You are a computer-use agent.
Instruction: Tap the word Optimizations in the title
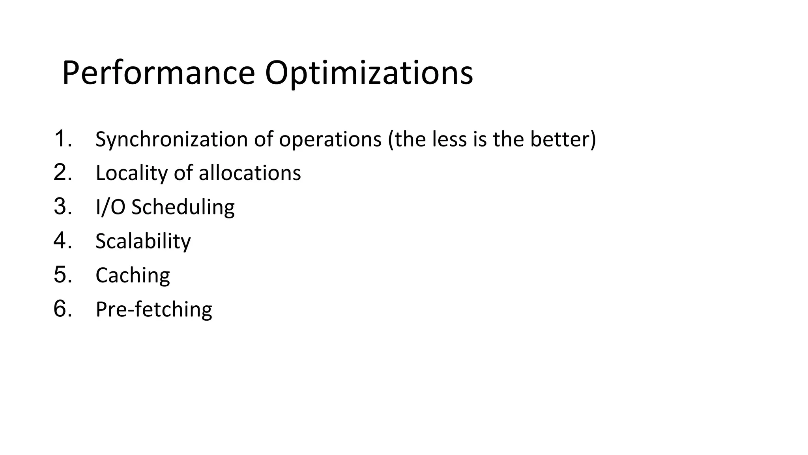(x=368, y=73)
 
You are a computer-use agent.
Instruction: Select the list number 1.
(x=62, y=139)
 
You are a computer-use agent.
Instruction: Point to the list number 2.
(x=62, y=173)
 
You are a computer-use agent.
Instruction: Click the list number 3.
(x=62, y=207)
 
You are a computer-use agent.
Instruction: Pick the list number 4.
(x=62, y=241)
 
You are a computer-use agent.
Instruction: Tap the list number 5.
(x=62, y=275)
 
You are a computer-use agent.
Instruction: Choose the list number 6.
(x=62, y=308)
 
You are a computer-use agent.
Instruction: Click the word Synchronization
(x=172, y=139)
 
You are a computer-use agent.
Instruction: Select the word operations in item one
(x=330, y=139)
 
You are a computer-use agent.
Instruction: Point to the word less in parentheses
(x=449, y=139)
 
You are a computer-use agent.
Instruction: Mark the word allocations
(x=250, y=173)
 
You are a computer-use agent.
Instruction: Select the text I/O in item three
(x=110, y=207)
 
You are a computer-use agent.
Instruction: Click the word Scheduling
(x=183, y=207)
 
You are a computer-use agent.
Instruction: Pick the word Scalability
(x=143, y=241)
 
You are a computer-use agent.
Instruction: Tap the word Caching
(x=133, y=275)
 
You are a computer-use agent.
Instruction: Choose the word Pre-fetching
(x=154, y=309)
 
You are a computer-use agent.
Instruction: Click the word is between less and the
(x=480, y=139)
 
